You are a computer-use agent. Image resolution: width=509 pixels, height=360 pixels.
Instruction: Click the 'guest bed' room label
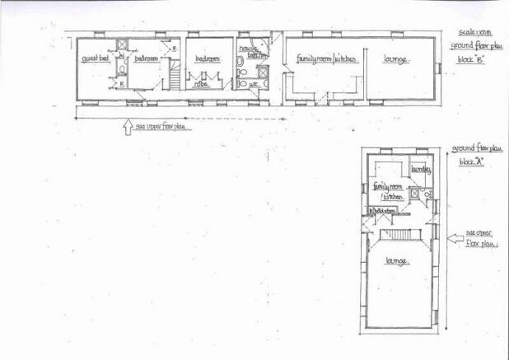click(95, 59)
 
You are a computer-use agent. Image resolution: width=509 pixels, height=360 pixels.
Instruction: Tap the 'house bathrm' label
click(249, 53)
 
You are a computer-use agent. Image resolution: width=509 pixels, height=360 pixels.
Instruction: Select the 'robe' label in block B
click(200, 83)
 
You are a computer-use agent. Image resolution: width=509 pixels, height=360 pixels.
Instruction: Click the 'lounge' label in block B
click(397, 59)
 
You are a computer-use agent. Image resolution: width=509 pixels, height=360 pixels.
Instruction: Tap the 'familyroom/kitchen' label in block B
click(326, 59)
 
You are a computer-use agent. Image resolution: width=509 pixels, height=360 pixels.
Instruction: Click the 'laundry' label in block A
click(421, 170)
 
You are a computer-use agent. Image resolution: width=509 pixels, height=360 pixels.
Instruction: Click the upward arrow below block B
click(126, 127)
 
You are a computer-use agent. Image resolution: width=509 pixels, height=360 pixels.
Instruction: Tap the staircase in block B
click(175, 77)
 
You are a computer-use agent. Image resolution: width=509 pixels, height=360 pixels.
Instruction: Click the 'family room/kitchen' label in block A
click(388, 191)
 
